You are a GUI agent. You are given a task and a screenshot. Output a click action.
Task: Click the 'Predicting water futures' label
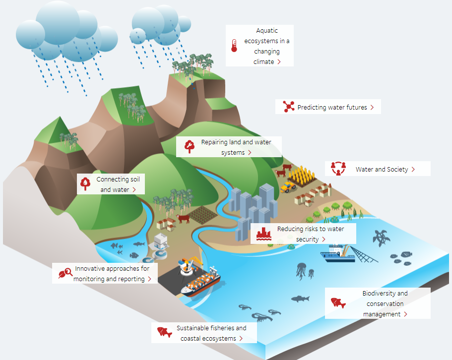tap(332, 107)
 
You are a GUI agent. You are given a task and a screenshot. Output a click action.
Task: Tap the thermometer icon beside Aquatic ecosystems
tap(234, 46)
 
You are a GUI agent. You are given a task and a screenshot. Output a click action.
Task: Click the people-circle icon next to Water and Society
tap(338, 169)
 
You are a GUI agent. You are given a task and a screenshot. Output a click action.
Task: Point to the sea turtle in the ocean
tap(382, 238)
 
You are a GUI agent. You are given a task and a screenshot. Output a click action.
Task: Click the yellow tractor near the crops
tap(288, 186)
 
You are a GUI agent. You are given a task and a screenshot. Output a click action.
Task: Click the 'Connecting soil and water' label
tap(115, 184)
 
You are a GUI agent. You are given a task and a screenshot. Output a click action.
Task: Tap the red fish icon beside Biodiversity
tap(338, 302)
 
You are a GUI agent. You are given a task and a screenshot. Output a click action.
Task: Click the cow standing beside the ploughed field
tap(183, 219)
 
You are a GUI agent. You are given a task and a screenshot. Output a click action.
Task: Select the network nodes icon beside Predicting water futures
tap(289, 107)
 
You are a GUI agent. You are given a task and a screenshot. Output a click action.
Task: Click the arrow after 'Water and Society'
tap(413, 170)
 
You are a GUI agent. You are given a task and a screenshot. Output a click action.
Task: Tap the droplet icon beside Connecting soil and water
tap(86, 184)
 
